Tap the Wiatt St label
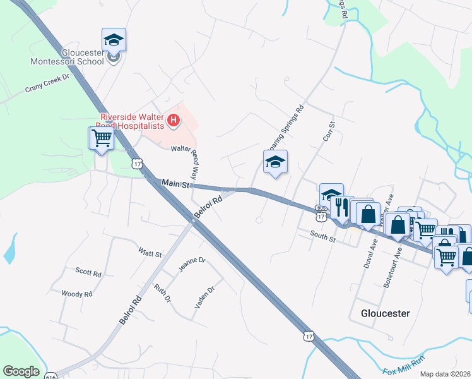(150, 252)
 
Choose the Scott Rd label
(88, 273)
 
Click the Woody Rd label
(77, 294)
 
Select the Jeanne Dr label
(191, 265)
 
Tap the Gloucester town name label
(385, 313)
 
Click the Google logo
(21, 371)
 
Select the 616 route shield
(51, 376)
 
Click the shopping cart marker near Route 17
(102, 138)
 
